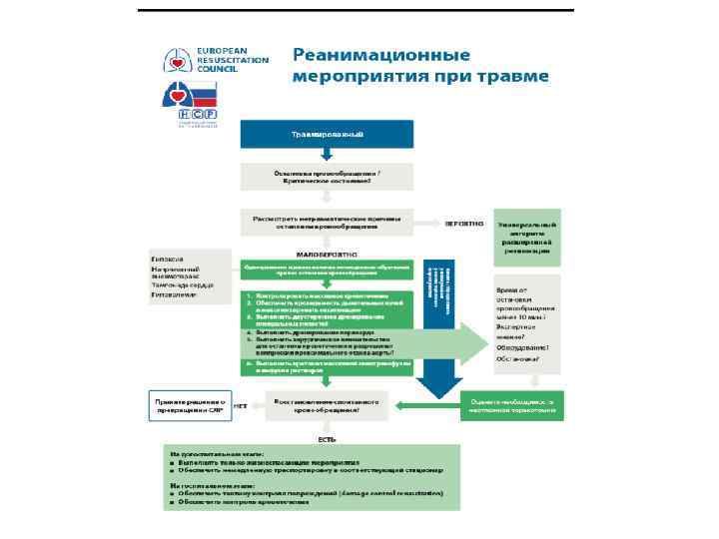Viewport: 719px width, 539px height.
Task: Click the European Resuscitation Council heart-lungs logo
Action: (177, 61)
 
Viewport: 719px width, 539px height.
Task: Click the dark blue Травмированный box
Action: (326, 133)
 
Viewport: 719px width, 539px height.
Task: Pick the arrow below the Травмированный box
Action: (326, 156)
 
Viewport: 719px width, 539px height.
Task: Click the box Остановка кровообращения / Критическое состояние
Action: (326, 177)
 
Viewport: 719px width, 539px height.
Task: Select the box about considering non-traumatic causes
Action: (326, 222)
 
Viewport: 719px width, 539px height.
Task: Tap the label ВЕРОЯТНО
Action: (465, 223)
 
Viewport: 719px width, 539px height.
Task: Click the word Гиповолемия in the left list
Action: (174, 296)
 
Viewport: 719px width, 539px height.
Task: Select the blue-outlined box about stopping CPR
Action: (187, 405)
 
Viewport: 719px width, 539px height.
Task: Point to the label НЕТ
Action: (240, 406)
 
